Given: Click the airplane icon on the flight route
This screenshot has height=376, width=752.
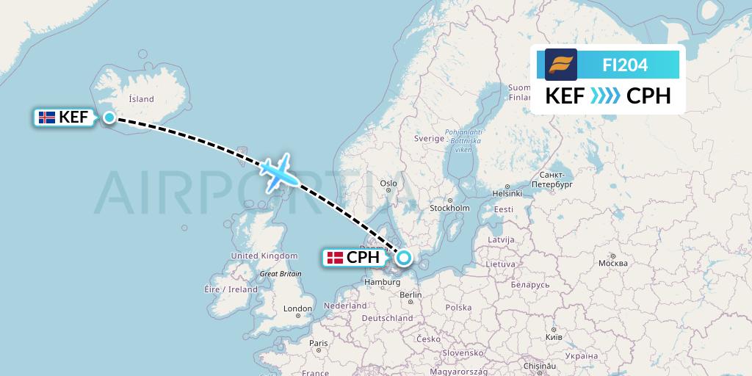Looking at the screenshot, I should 278,172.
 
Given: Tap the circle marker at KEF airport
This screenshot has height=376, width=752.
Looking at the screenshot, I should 109,117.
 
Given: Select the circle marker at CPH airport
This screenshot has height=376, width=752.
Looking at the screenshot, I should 403,258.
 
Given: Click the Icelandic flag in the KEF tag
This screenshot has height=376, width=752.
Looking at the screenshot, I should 47,117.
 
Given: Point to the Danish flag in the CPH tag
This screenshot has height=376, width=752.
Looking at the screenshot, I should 336,258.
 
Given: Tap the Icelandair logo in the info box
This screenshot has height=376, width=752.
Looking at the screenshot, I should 561,64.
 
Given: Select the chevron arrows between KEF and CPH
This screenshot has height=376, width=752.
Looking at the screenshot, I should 606,96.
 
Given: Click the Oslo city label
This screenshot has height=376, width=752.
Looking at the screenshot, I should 388,184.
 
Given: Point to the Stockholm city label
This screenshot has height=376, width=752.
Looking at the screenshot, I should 449,208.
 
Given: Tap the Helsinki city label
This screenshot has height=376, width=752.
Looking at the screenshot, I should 507,194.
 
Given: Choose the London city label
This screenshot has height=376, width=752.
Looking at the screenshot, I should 298,308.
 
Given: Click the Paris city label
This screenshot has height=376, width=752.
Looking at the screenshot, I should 318,343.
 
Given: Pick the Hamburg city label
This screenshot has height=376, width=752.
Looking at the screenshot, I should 380,281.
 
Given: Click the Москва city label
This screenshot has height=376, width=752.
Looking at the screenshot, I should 612,263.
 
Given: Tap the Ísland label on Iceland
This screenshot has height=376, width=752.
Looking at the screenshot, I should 141,99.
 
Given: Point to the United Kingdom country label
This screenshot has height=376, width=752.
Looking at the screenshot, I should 264,256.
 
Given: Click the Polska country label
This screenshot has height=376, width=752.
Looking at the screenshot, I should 458,308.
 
